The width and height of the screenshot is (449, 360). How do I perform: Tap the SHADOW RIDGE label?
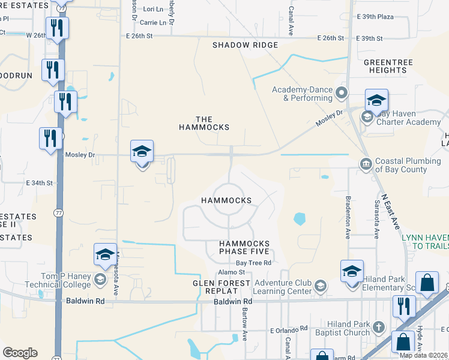245,45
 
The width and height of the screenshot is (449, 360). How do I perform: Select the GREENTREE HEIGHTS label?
385,66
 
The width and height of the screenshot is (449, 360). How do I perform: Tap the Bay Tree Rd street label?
253,263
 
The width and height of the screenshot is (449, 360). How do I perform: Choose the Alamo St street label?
236,273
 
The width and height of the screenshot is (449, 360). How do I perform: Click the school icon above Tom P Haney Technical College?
105,254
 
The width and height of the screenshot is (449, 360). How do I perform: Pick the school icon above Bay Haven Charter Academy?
376,100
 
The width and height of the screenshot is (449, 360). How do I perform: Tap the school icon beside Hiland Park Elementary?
352,271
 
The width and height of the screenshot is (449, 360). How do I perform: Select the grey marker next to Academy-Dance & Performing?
342,93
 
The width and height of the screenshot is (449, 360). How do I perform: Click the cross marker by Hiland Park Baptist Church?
378,327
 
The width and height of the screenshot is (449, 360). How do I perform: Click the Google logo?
20,353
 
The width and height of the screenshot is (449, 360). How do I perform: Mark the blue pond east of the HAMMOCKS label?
298,220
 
